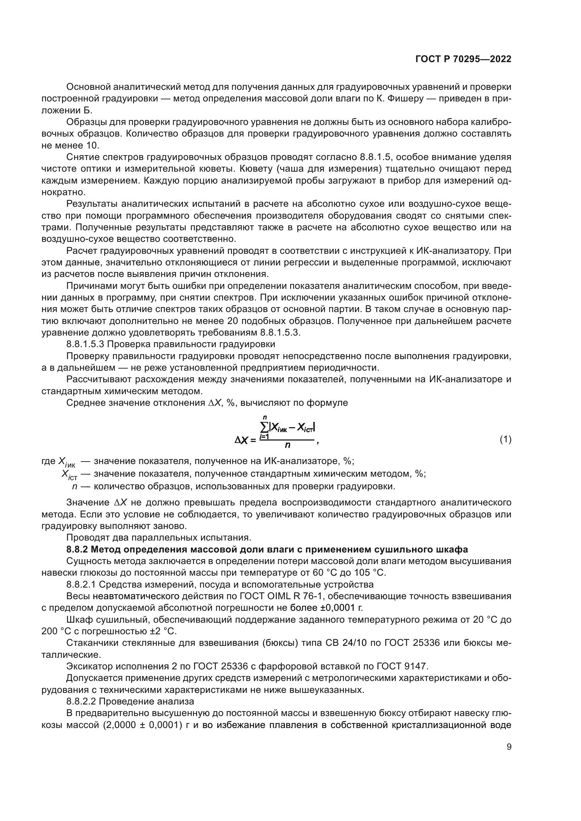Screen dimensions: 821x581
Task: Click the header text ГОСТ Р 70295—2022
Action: point(463,59)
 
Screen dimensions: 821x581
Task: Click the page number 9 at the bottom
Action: point(509,747)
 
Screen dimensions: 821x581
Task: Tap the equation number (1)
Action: point(505,439)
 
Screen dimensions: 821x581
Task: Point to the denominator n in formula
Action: point(287,445)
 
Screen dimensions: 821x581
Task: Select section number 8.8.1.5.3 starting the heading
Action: point(85,344)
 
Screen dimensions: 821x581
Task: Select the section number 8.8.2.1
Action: point(81,584)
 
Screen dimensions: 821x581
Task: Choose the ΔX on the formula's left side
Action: point(241,441)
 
